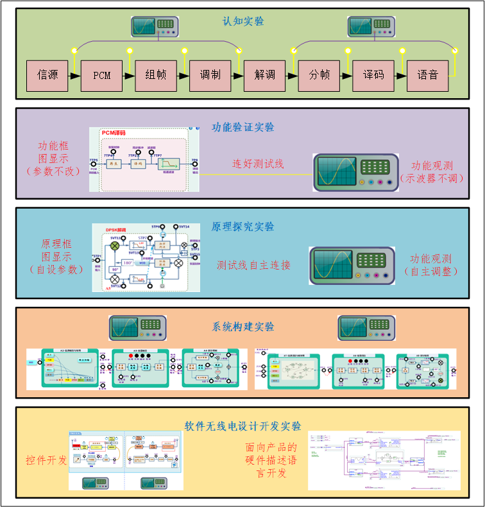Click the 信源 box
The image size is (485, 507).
(x=47, y=75)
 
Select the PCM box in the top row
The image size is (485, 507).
(x=101, y=75)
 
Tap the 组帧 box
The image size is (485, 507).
(x=156, y=75)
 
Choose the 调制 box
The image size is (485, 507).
(x=210, y=75)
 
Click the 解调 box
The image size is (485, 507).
(x=264, y=75)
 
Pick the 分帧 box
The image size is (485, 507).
(x=319, y=75)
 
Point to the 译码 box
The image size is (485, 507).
(x=373, y=75)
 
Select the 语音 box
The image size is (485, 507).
(x=428, y=75)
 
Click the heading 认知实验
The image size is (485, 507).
(x=243, y=21)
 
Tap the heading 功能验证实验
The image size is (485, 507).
(x=243, y=127)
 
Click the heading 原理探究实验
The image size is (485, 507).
(x=243, y=227)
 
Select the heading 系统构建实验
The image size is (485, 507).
(x=243, y=327)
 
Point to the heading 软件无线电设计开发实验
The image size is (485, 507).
(x=243, y=425)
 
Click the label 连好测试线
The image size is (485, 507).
(x=258, y=164)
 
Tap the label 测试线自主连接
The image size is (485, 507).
(x=254, y=264)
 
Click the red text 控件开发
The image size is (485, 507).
(x=46, y=460)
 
